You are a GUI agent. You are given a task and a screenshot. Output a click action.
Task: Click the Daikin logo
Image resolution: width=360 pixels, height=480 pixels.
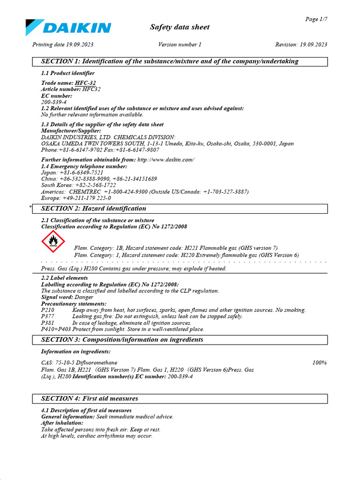pyautogui.click(x=68, y=27)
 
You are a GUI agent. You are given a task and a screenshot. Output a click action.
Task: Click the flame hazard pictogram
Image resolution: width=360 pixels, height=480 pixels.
pyautogui.click(x=54, y=241)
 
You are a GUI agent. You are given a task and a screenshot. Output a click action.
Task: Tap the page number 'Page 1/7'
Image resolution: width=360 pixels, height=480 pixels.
pyautogui.click(x=316, y=19)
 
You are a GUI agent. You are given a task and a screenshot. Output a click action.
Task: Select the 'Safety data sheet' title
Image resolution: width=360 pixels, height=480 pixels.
pyautogui.click(x=180, y=27)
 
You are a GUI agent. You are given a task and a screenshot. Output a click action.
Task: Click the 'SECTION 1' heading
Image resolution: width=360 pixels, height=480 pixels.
pyautogui.click(x=170, y=61)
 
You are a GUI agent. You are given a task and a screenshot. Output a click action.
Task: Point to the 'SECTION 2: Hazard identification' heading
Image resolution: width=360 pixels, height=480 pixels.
pyautogui.click(x=94, y=209)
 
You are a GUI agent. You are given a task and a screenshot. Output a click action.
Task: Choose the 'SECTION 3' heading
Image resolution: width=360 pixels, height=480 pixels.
pyautogui.click(x=122, y=340)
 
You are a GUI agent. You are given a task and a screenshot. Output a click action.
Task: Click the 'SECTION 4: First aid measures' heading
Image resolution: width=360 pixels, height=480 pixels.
pyautogui.click(x=90, y=399)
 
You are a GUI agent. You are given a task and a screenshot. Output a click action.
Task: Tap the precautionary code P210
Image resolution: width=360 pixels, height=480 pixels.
pyautogui.click(x=48, y=310)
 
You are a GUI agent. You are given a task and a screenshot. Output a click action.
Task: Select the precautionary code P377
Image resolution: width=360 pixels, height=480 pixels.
pyautogui.click(x=48, y=317)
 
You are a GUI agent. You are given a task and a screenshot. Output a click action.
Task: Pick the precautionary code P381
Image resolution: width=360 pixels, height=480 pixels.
pyautogui.click(x=48, y=323)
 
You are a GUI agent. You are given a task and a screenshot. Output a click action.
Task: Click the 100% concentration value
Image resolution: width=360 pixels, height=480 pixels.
pyautogui.click(x=319, y=363)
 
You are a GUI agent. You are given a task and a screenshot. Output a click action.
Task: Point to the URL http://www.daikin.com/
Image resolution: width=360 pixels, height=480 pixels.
pyautogui.click(x=165, y=160)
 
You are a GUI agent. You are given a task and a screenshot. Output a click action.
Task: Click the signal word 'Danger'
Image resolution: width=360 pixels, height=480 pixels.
pyautogui.click(x=84, y=297)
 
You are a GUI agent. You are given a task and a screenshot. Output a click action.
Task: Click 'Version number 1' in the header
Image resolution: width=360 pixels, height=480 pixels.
pyautogui.click(x=180, y=45)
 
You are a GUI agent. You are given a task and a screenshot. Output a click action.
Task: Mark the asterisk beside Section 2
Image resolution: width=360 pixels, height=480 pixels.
pyautogui.click(x=30, y=207)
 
